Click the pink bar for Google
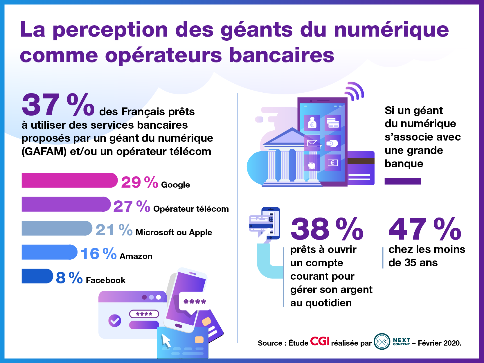point(69,180)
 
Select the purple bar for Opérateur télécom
point(66,204)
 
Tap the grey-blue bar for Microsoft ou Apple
point(57,228)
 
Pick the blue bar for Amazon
point(49,252)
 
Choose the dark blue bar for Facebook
point(37,276)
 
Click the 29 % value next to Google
point(139,182)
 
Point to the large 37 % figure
point(58,105)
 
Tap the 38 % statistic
point(327,229)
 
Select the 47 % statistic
point(425,229)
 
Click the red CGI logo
point(320,341)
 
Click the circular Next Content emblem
point(382,342)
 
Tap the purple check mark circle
point(115,321)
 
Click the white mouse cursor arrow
point(166,340)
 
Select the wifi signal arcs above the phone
point(355,91)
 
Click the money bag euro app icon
point(312,123)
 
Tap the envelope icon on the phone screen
point(312,143)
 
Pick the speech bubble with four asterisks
point(195,303)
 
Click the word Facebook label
point(106,280)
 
